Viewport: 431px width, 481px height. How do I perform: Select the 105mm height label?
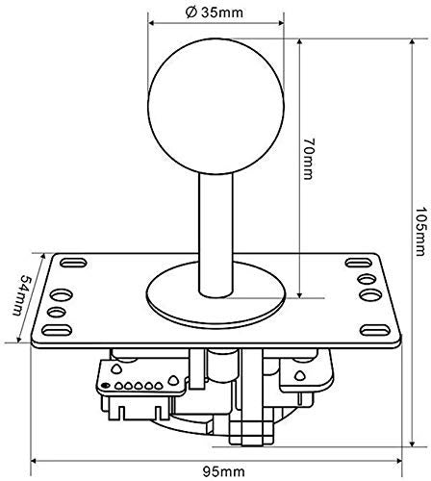coord(418,235)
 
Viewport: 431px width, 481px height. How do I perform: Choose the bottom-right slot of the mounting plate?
coord(377,333)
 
